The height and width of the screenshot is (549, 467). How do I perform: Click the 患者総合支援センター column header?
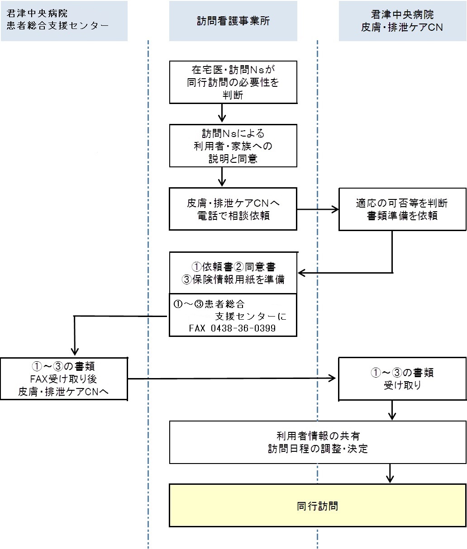pos(64,21)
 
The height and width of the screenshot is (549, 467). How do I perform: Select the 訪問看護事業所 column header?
pos(233,21)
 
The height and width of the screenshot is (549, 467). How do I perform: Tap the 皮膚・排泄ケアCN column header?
pos(402,21)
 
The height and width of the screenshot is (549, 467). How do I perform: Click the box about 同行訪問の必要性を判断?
pos(233,82)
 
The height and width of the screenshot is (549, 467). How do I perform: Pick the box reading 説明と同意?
pos(233,146)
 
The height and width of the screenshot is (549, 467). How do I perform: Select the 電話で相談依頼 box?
pos(233,209)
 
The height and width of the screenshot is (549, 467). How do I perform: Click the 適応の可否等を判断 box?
pos(402,209)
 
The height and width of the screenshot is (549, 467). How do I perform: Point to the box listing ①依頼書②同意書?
pos(233,273)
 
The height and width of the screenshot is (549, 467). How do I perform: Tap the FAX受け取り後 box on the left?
pos(64,379)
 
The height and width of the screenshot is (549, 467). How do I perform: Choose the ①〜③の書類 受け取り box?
pos(402,379)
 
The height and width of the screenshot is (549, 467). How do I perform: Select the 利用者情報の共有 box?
pos(318,442)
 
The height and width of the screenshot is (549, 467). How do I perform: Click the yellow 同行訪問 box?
pos(318,505)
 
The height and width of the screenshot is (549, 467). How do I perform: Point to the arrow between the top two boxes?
pos(222,114)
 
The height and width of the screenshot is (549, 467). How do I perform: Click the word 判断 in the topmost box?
pos(233,95)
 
